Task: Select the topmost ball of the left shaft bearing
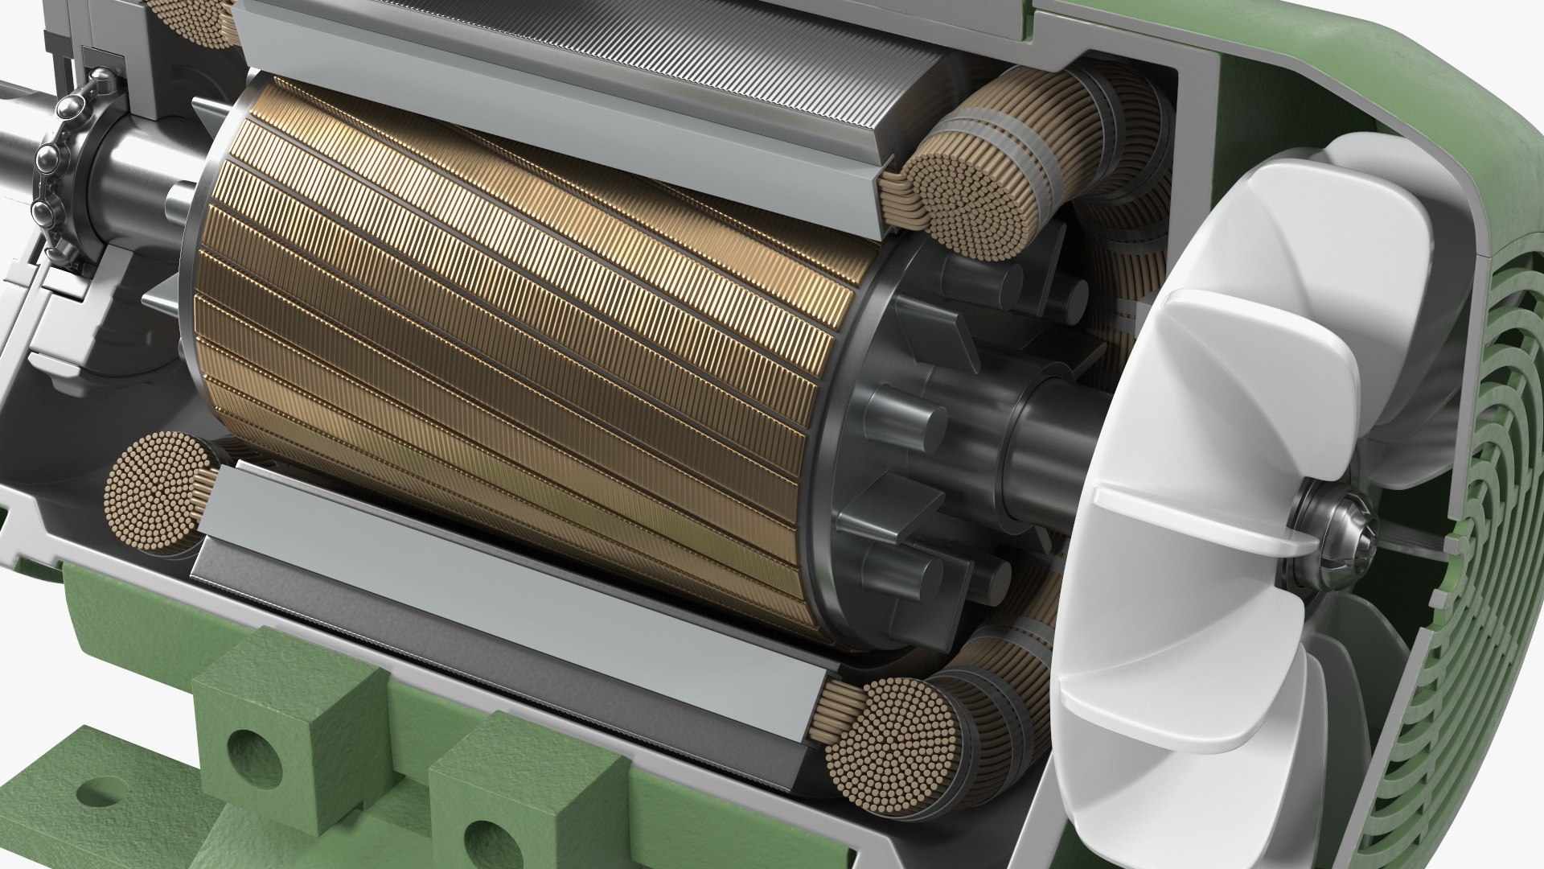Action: click(104, 80)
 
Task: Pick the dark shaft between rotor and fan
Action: click(1045, 467)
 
